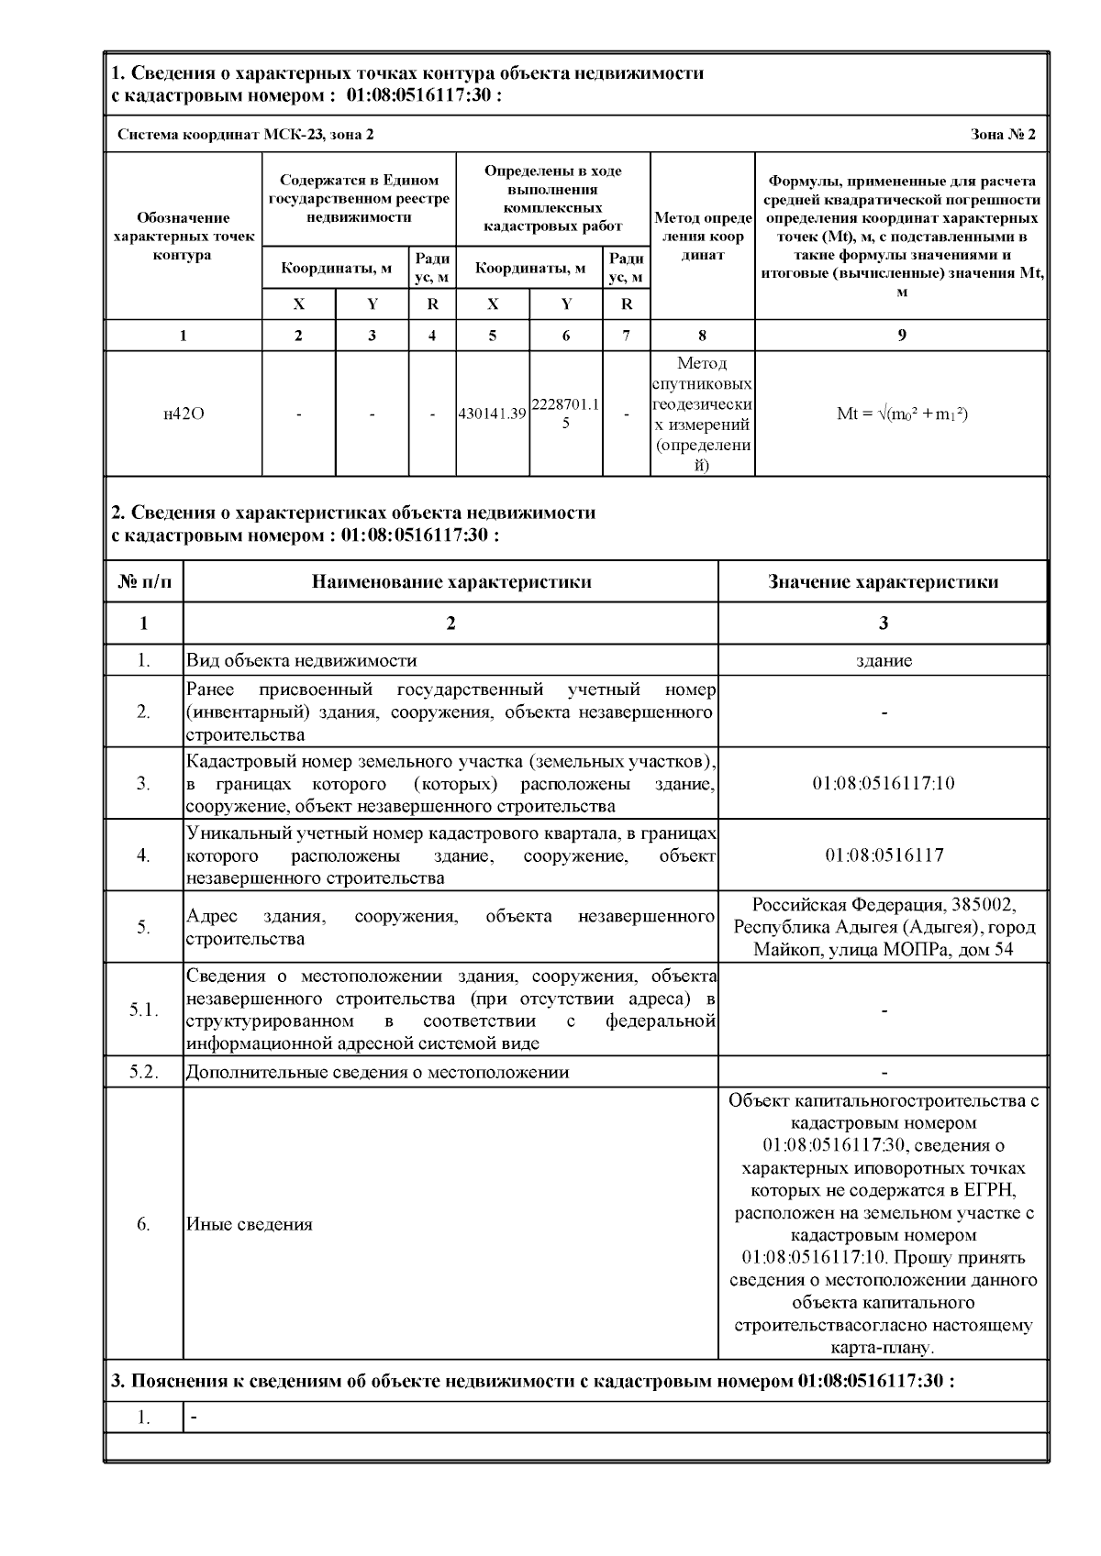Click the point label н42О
click(x=183, y=414)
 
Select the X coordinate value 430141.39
click(x=492, y=414)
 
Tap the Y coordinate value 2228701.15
click(x=565, y=414)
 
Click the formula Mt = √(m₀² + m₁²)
click(x=902, y=414)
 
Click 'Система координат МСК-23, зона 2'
click(x=246, y=135)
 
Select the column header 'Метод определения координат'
click(x=702, y=237)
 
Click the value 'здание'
click(x=883, y=660)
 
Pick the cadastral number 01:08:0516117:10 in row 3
click(x=883, y=783)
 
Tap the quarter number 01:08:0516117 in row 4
click(x=883, y=855)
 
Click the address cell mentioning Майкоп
click(x=883, y=926)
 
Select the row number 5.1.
click(x=143, y=1010)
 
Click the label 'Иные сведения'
click(x=250, y=1224)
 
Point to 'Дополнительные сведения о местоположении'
click(x=377, y=1072)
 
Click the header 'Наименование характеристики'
click(x=450, y=581)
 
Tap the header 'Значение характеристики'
click(x=883, y=581)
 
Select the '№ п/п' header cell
click(x=143, y=581)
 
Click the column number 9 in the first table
click(x=902, y=336)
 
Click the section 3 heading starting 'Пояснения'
click(x=532, y=1381)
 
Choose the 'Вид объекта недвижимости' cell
click(x=302, y=660)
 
